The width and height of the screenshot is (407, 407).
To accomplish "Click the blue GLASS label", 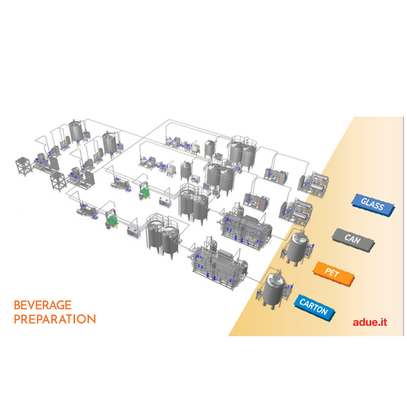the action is [373, 204].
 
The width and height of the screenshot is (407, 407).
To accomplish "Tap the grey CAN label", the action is [353, 239].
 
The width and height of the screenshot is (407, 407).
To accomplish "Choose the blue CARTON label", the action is [314, 308].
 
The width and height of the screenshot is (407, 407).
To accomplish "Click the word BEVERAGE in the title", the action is [42, 305].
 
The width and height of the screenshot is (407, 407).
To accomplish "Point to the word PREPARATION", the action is [55, 319].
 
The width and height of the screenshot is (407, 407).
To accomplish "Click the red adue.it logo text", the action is [370, 322].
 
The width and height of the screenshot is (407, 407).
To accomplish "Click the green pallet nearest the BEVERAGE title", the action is [112, 221].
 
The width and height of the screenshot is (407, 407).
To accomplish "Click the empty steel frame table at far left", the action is [24, 166].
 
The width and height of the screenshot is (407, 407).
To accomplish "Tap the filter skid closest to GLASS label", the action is [313, 185].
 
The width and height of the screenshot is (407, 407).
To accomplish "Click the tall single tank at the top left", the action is [76, 132].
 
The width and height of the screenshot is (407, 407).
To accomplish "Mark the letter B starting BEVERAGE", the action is [17, 305].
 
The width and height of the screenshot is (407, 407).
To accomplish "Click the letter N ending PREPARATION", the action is [91, 319].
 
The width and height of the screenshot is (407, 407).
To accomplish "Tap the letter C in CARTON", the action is [303, 302].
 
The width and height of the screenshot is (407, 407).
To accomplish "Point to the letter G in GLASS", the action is [364, 201].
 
